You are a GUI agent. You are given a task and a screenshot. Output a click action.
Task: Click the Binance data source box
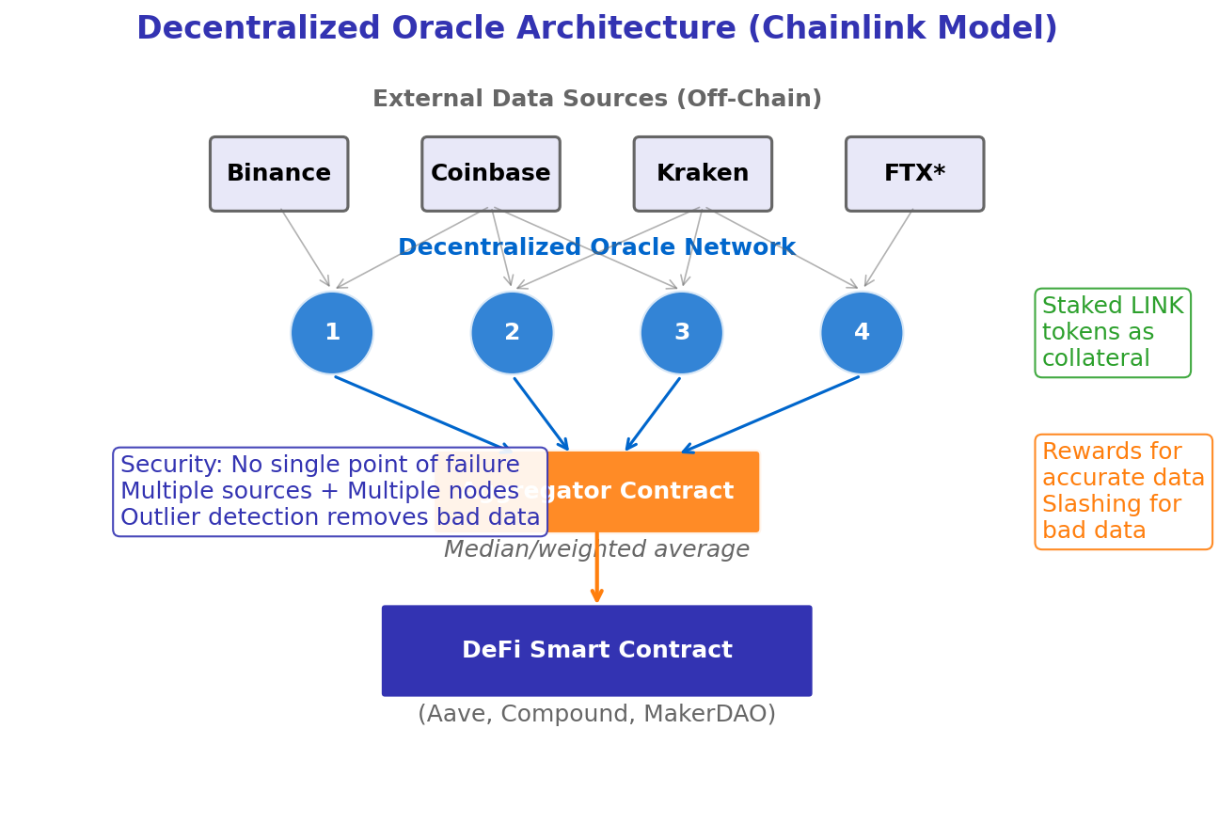tap(278, 174)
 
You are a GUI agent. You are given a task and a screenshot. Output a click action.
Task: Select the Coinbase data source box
tap(490, 174)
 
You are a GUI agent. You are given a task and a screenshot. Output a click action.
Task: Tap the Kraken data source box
tap(703, 174)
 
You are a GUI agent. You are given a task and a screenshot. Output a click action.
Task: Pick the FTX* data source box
tap(914, 174)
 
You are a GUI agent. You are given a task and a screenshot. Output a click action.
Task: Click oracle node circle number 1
tap(332, 333)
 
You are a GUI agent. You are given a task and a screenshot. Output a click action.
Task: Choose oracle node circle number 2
tap(512, 333)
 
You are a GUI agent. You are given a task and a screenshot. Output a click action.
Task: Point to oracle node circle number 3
tap(682, 333)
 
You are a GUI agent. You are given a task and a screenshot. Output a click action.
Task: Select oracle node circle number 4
tap(862, 333)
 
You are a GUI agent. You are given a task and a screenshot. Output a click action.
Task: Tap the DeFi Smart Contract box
tap(596, 651)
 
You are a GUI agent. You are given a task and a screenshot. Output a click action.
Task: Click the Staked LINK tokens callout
tap(1112, 333)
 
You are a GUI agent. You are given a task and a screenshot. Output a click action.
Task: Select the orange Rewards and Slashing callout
tap(1123, 492)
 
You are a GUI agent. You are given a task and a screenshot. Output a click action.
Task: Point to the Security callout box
tap(329, 492)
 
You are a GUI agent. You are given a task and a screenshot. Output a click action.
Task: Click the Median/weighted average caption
tap(596, 550)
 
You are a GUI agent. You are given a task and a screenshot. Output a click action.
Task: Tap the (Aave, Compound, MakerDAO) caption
tap(596, 715)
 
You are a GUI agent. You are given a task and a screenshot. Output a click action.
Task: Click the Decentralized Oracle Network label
tap(596, 248)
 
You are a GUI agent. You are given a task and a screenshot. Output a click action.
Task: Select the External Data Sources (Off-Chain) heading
tap(596, 100)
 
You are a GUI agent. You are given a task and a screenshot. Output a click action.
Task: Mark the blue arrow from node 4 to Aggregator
tap(771, 415)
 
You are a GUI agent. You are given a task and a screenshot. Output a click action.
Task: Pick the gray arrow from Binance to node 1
tap(306, 248)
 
